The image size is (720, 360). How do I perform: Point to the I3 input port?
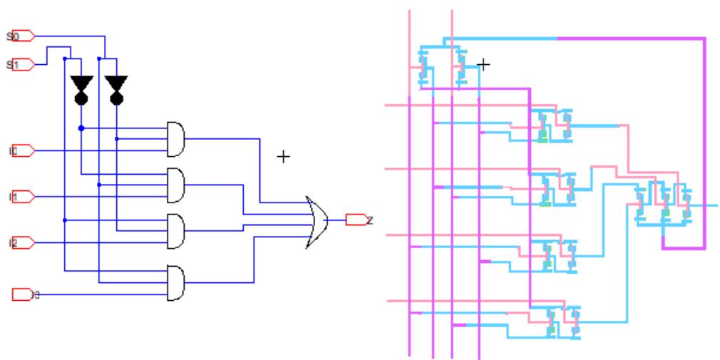click(x=23, y=293)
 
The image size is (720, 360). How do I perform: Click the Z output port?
click(x=355, y=220)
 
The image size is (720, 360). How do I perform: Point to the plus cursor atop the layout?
click(x=483, y=65)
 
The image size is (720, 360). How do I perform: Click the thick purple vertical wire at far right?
click(x=704, y=143)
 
